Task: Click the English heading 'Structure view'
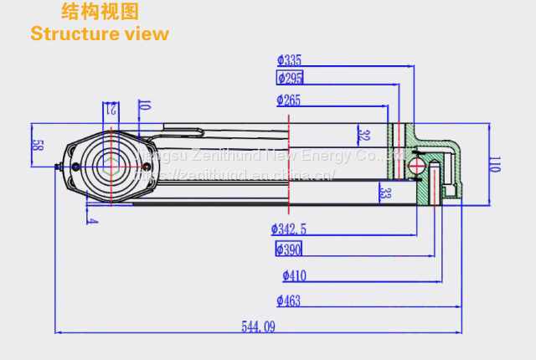pos(99,34)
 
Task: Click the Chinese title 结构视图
pos(100,12)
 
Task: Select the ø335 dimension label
pos(289,60)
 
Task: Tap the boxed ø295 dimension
pos(290,78)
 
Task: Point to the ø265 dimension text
pos(289,101)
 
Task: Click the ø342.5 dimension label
pos(289,229)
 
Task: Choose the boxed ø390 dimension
pos(289,249)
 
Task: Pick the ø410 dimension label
pos(294,275)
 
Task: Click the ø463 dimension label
pos(289,301)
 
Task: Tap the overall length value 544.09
pos(258,327)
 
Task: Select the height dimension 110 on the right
pos(494,164)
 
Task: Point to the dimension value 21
pos(111,109)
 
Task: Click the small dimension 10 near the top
pos(144,106)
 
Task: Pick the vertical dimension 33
pos(384,193)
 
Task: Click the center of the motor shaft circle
pos(110,165)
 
